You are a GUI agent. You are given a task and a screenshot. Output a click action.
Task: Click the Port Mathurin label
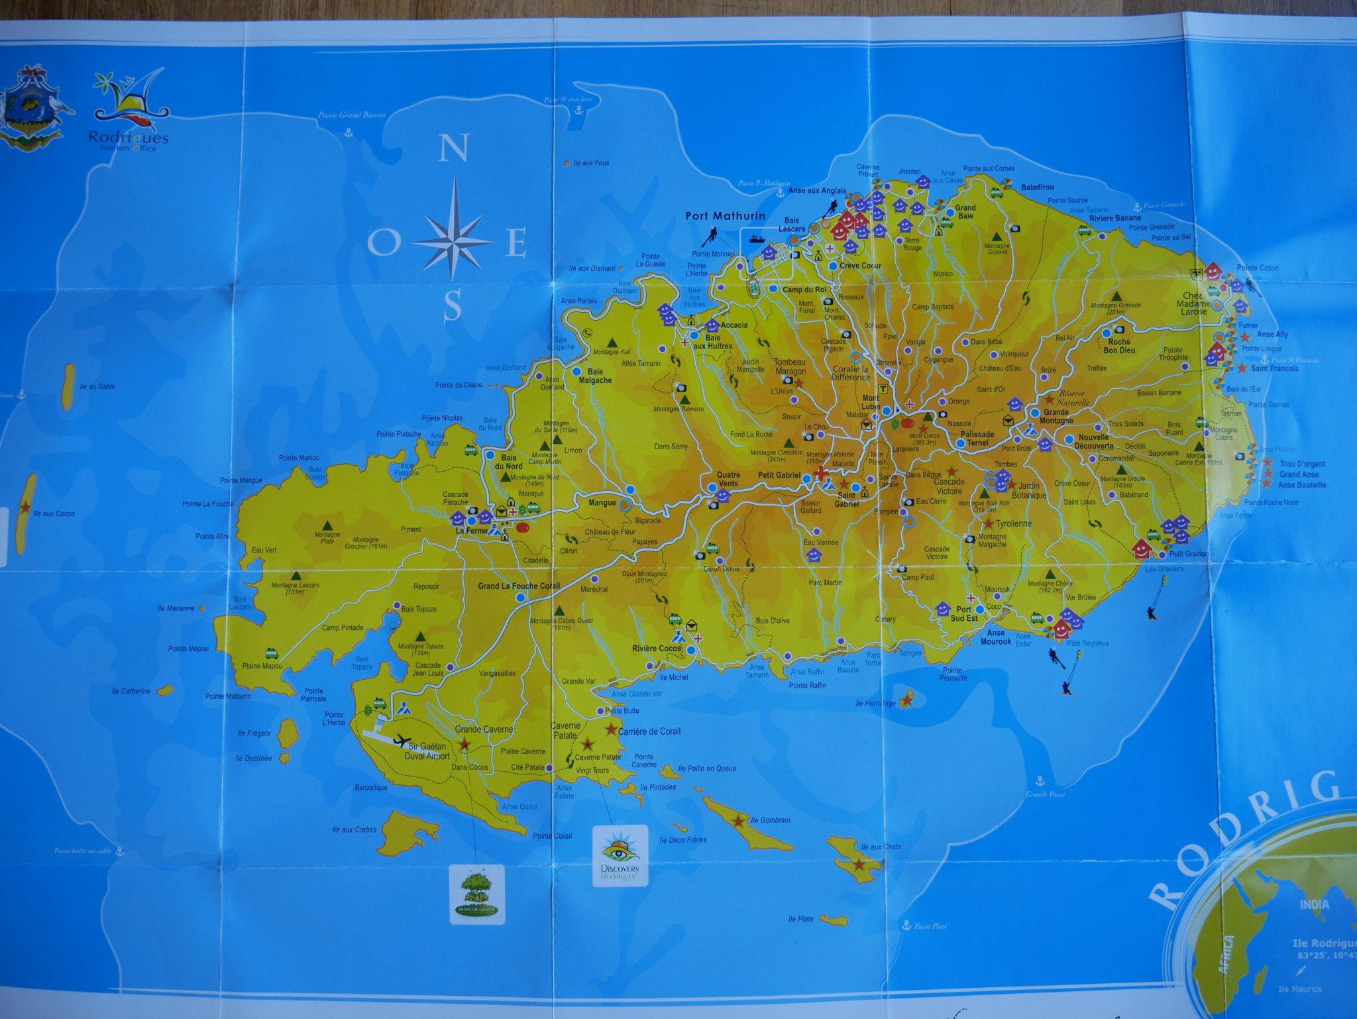(x=725, y=215)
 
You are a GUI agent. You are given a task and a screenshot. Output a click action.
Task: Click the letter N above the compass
(x=454, y=148)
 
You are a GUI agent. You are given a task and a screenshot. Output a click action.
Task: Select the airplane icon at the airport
(x=402, y=740)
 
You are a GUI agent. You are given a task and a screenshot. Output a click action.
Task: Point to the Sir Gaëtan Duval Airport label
(x=427, y=751)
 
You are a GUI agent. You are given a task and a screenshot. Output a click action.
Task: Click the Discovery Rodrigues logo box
(x=620, y=855)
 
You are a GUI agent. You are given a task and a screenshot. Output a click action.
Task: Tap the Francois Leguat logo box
(x=476, y=894)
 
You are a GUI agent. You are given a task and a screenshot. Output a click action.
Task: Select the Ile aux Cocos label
(x=54, y=513)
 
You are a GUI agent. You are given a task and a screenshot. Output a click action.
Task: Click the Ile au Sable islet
(x=68, y=386)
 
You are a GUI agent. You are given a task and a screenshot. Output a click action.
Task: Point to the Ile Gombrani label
(x=770, y=820)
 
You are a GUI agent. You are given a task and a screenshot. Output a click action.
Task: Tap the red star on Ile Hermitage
(x=908, y=697)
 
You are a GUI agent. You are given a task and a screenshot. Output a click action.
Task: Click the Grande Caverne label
(x=484, y=729)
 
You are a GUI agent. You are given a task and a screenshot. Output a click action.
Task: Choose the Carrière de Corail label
(x=649, y=731)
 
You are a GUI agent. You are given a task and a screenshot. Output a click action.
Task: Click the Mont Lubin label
(x=871, y=402)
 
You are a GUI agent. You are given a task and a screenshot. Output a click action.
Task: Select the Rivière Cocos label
(x=657, y=648)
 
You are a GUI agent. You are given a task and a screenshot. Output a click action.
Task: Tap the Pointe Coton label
(x=1258, y=268)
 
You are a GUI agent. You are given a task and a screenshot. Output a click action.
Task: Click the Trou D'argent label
(x=1303, y=464)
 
